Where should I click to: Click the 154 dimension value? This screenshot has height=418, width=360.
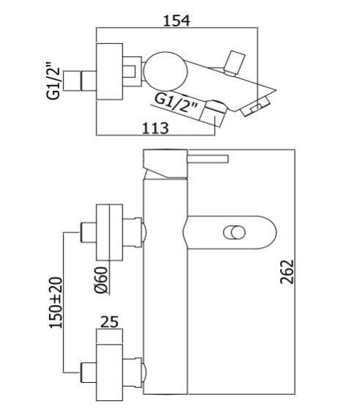pyautogui.click(x=177, y=21)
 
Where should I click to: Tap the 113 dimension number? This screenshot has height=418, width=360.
pyautogui.click(x=155, y=128)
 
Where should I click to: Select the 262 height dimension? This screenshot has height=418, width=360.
pyautogui.click(x=287, y=271)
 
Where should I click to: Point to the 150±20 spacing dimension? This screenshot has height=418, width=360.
pyautogui.click(x=56, y=303)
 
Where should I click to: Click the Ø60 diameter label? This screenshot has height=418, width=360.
pyautogui.click(x=102, y=279)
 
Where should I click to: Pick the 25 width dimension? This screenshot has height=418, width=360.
pyautogui.click(x=109, y=322)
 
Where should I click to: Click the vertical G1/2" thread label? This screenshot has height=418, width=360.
pyautogui.click(x=54, y=81)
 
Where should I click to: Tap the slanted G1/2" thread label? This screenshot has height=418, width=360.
pyautogui.click(x=176, y=103)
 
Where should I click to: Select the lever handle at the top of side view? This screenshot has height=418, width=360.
pyautogui.click(x=207, y=159)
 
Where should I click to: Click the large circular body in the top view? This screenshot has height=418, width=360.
pyautogui.click(x=166, y=71)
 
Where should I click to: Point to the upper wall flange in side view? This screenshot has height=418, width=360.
pyautogui.click(x=109, y=232)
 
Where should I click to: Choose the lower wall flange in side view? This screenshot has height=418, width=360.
pyautogui.click(x=109, y=373)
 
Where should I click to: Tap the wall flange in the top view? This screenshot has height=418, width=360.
pyautogui.click(x=109, y=72)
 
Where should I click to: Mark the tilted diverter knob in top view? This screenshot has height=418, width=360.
pyautogui.click(x=234, y=62)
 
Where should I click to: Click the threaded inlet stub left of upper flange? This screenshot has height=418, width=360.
pyautogui.click(x=88, y=232)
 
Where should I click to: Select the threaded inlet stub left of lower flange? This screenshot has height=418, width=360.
pyautogui.click(x=88, y=373)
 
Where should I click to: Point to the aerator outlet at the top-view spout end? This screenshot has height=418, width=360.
pyautogui.click(x=256, y=107)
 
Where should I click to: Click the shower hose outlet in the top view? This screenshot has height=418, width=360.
pyautogui.click(x=213, y=113)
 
